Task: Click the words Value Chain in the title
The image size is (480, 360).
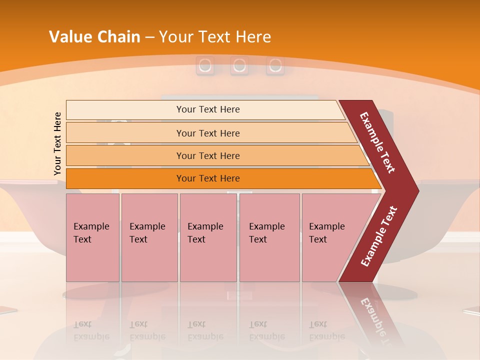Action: pos(94,37)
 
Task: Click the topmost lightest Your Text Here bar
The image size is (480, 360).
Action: pos(207,109)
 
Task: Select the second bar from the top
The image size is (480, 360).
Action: pos(207,133)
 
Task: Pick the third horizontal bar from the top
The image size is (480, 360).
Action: pos(207,155)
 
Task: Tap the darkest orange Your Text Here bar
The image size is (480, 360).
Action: pos(207,178)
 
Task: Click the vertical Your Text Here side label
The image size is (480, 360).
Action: pos(57,143)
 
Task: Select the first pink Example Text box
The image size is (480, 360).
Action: pos(92,237)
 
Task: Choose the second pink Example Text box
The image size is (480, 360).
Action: pos(149,237)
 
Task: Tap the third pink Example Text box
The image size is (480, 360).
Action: pos(207,237)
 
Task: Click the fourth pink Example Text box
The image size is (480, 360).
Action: pos(269,237)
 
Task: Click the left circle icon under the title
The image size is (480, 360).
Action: pos(204,65)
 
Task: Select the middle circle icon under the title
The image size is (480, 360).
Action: pos(239,65)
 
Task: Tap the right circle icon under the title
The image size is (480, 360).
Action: pos(275,65)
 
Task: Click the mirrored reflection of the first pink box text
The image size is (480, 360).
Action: pos(91,330)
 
